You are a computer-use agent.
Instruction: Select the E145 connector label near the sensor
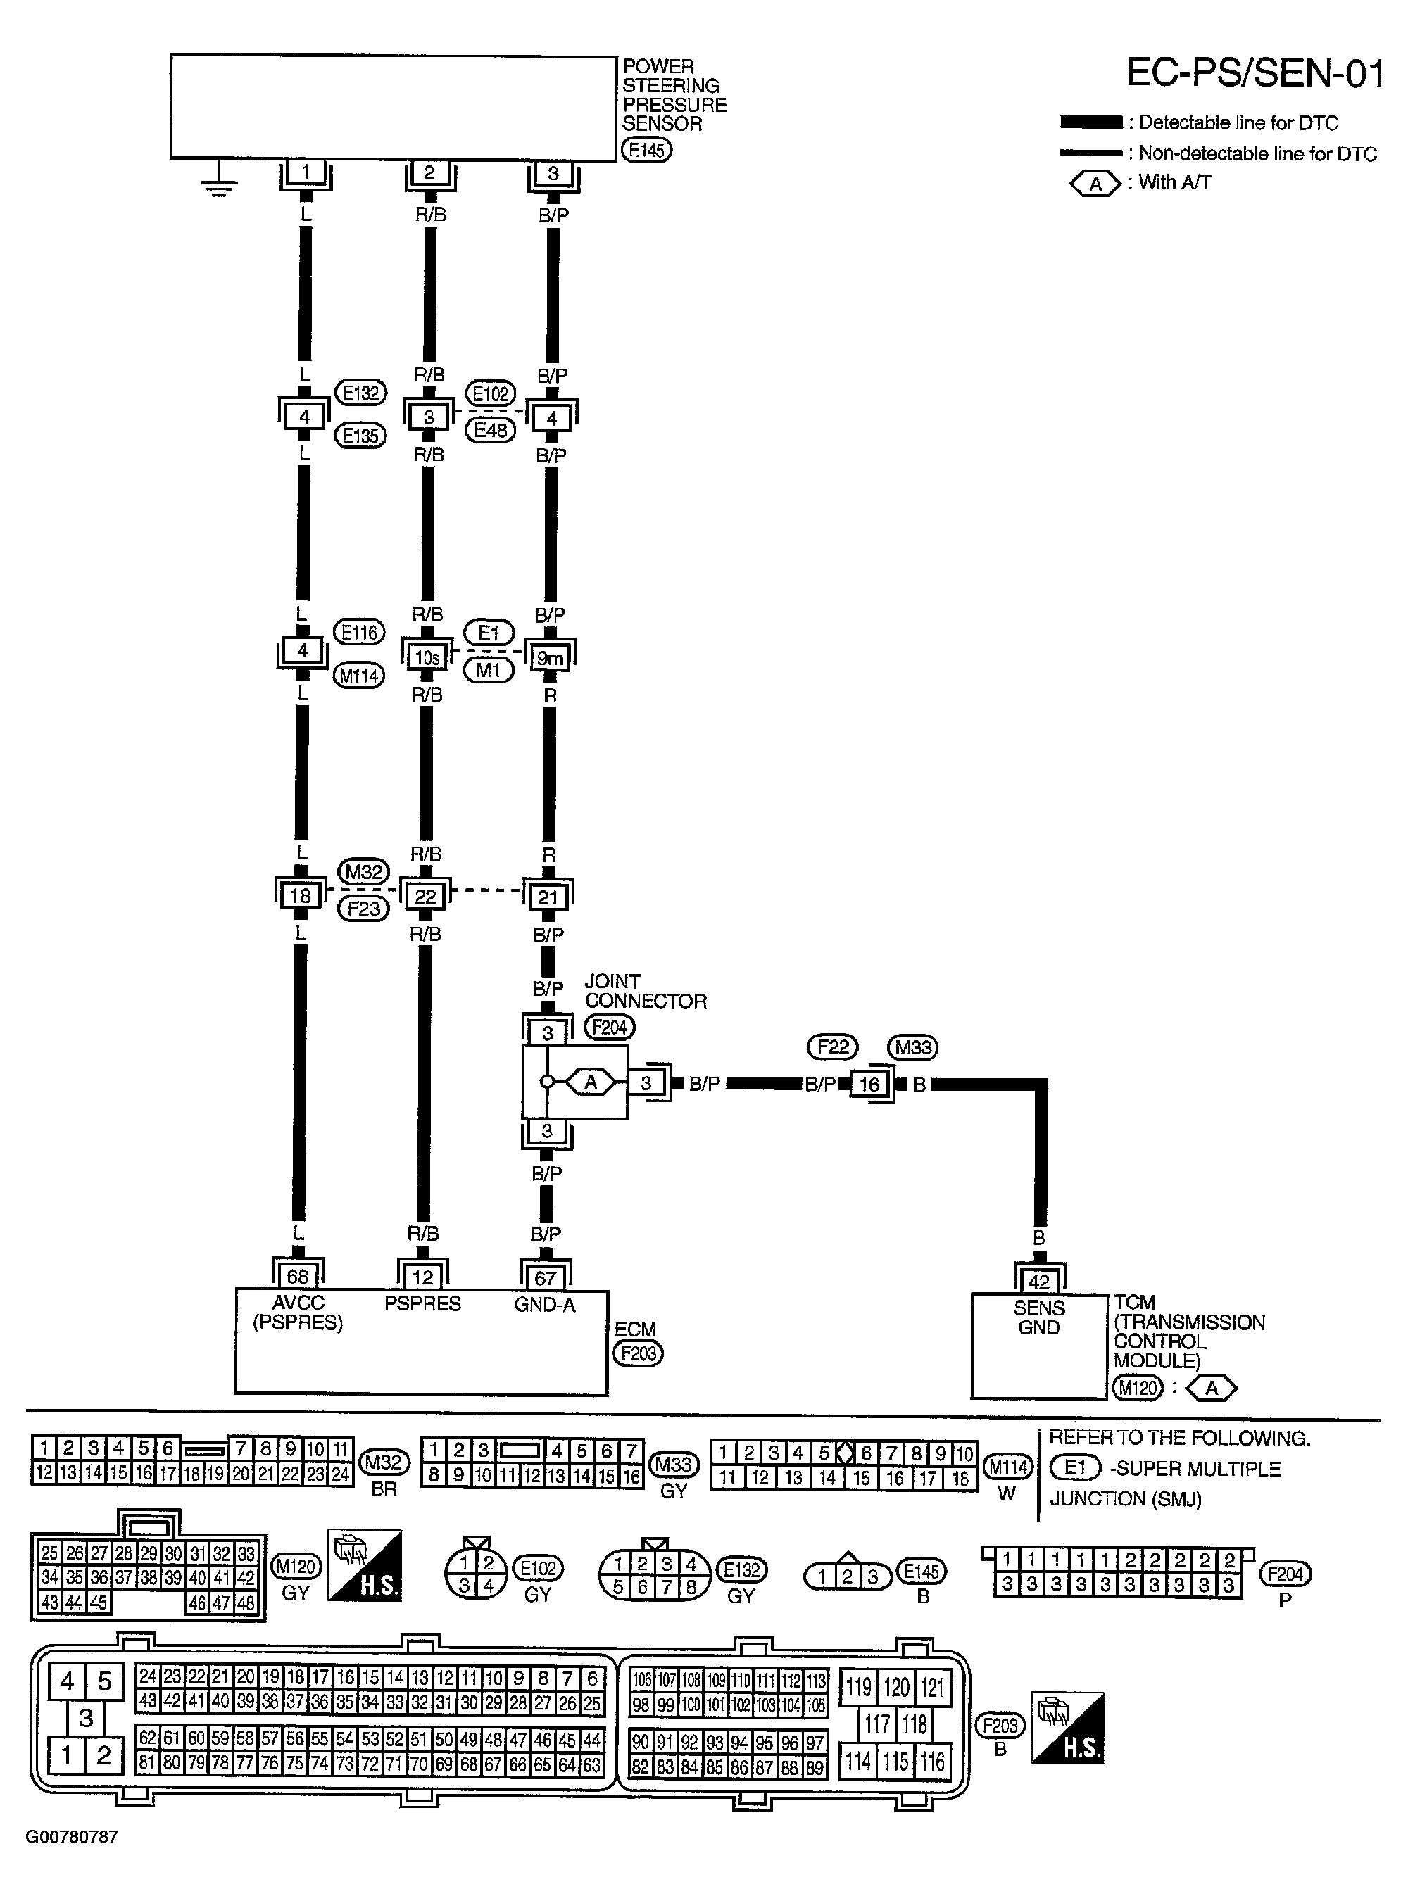[x=646, y=151]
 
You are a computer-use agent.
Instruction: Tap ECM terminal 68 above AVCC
[x=298, y=1277]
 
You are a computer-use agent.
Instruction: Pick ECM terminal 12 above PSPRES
[x=422, y=1277]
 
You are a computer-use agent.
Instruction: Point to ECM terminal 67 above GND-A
[x=546, y=1277]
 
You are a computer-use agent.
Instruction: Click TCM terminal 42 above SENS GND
[x=1038, y=1282]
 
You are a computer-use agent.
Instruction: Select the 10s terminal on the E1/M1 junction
[x=427, y=658]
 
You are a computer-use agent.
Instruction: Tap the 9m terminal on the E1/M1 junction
[x=550, y=658]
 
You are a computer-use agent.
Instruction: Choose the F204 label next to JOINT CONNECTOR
[x=610, y=1028]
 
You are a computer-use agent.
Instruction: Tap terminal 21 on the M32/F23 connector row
[x=547, y=897]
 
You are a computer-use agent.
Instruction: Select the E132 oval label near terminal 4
[x=360, y=393]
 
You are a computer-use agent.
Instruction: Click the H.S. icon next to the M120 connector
[x=365, y=1565]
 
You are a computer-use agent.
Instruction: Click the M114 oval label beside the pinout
[x=1007, y=1467]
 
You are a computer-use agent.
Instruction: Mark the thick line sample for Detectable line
[x=1091, y=122]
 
